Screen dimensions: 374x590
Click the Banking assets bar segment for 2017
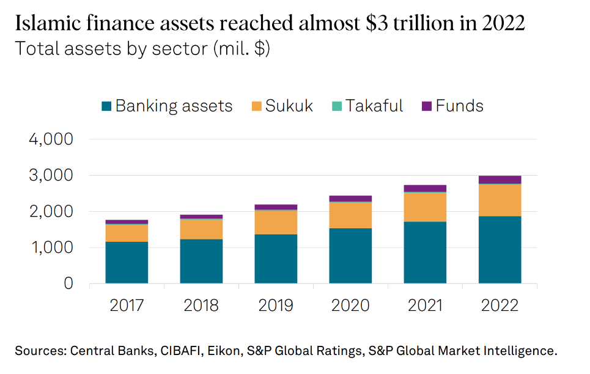(x=127, y=263)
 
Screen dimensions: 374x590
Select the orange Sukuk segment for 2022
(x=500, y=200)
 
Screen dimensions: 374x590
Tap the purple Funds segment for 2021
(x=425, y=188)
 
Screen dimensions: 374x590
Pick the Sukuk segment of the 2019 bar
(x=276, y=222)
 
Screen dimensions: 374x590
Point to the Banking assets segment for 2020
(x=350, y=256)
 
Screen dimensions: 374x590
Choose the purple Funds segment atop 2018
(x=201, y=217)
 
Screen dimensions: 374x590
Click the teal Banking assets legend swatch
(x=106, y=107)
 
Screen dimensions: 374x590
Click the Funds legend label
(x=459, y=106)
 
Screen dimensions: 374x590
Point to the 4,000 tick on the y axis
(x=51, y=140)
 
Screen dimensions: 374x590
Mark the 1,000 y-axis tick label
(x=51, y=248)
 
